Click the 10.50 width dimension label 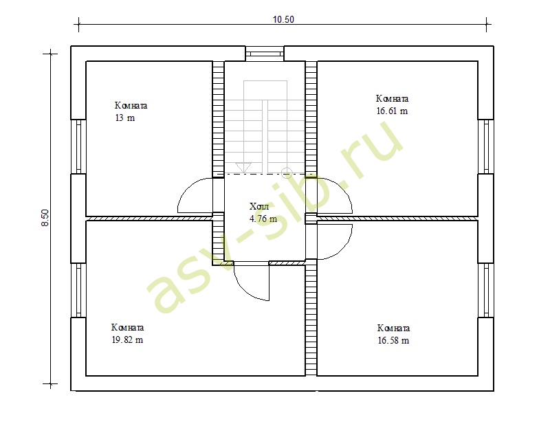tap(283, 20)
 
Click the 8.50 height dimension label tap(45, 218)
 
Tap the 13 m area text tap(125, 118)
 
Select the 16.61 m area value tap(392, 111)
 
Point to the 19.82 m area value tap(127, 339)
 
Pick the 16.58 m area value tap(393, 340)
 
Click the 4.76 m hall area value tap(263, 219)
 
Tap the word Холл tap(259, 206)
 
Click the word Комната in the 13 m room tap(131, 106)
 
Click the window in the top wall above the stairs tap(265, 54)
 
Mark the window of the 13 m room tap(78, 146)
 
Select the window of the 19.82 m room tap(78, 290)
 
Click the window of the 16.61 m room tap(486, 146)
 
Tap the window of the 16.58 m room tap(486, 290)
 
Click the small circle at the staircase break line tap(287, 172)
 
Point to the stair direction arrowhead tap(243, 168)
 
